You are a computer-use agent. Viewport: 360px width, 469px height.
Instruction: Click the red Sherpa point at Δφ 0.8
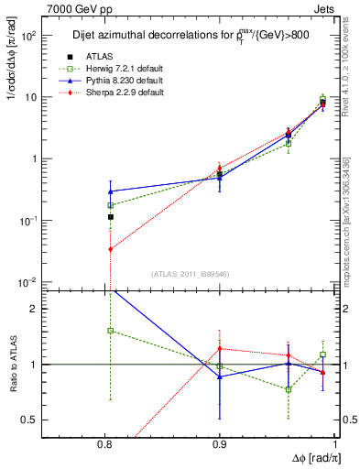pyautogui.click(x=110, y=249)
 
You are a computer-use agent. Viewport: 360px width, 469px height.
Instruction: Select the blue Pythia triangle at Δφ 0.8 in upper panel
pyautogui.click(x=110, y=191)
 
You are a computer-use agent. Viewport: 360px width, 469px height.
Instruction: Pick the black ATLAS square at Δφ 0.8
pyautogui.click(x=110, y=217)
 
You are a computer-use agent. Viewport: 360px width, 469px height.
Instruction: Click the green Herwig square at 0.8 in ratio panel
pyautogui.click(x=110, y=331)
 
